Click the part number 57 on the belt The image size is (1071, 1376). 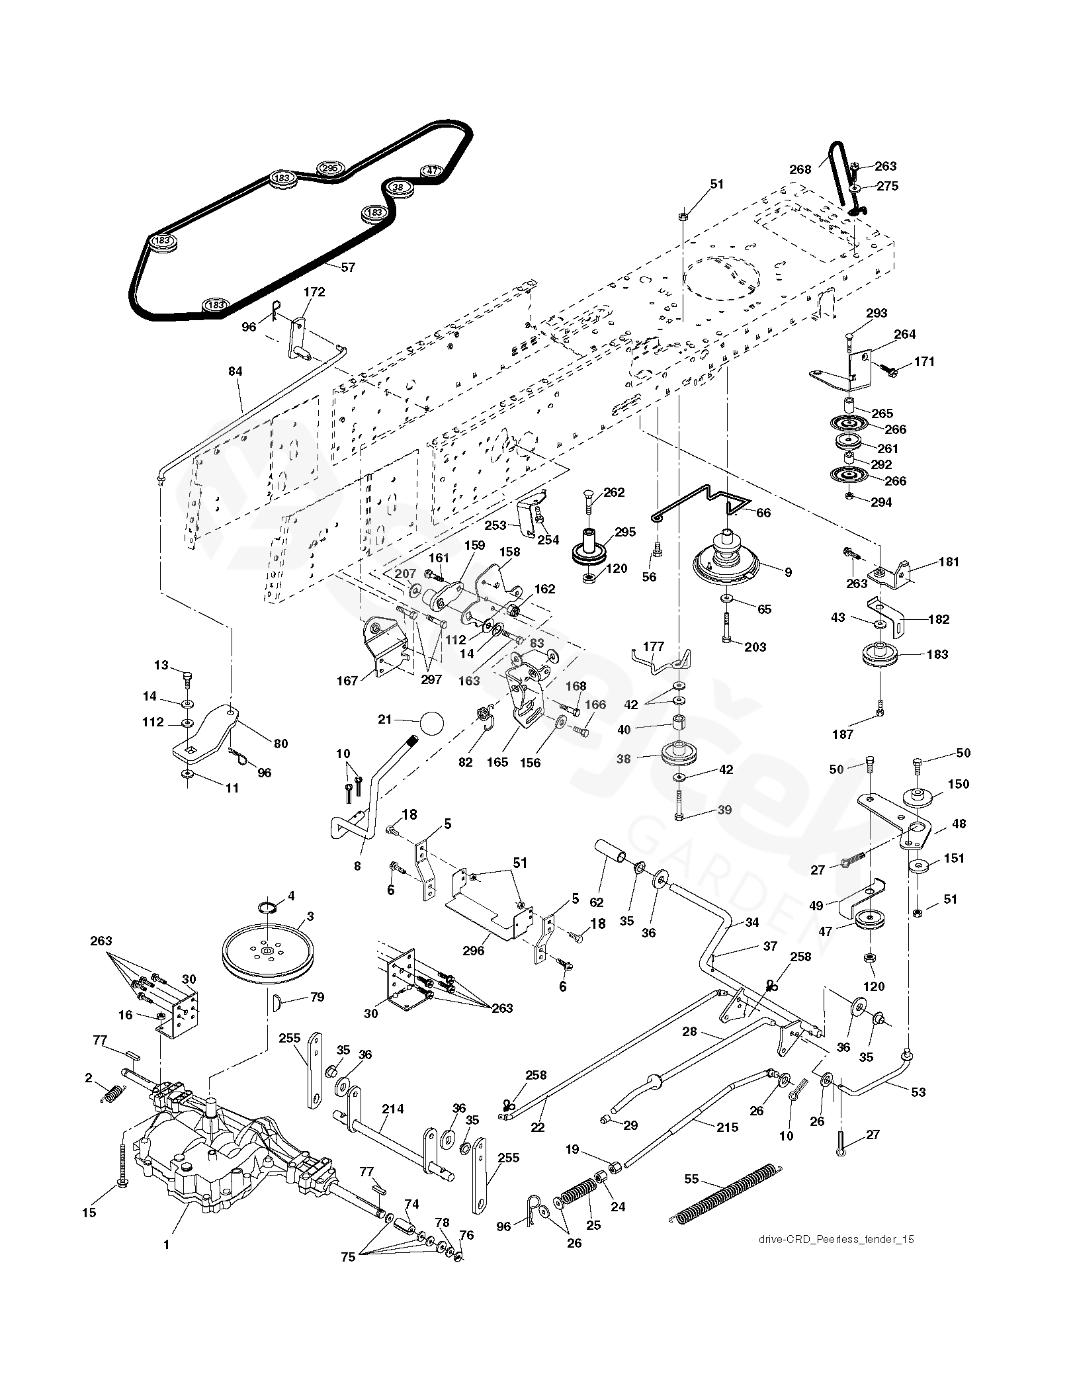click(348, 267)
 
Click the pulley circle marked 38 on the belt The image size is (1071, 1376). click(398, 187)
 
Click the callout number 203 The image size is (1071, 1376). click(755, 646)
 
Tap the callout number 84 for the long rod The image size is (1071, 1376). click(236, 372)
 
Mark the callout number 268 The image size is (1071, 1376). click(800, 169)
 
